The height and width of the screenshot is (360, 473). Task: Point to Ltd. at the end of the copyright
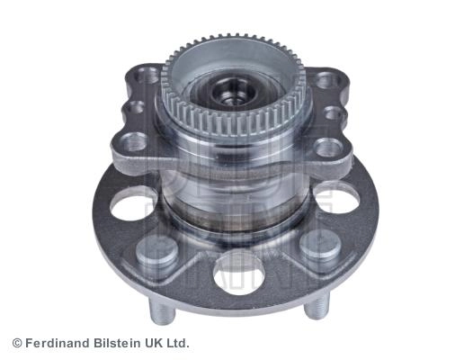[177, 344]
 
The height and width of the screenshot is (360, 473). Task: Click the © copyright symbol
[17, 344]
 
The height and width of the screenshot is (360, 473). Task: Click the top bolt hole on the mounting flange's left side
[147, 75]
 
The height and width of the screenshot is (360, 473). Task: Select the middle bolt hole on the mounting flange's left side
[133, 107]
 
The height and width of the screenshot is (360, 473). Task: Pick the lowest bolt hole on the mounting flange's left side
[134, 141]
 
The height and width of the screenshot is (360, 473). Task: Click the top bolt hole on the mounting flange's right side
[327, 80]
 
